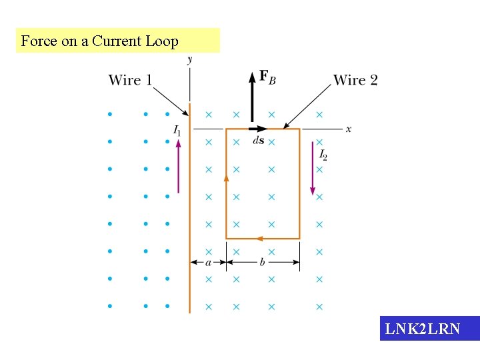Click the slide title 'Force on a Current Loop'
(100, 41)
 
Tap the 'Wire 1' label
(130, 81)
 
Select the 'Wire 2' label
(355, 81)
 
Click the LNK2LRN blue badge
(429, 329)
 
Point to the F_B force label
(267, 77)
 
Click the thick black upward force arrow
(252, 97)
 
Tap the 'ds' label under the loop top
(258, 141)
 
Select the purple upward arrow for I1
(178, 167)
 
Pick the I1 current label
(177, 131)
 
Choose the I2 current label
(323, 155)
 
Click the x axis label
(348, 129)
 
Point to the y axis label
(190, 60)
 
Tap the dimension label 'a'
(208, 263)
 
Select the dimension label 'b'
(262, 263)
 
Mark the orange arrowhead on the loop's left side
(226, 177)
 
